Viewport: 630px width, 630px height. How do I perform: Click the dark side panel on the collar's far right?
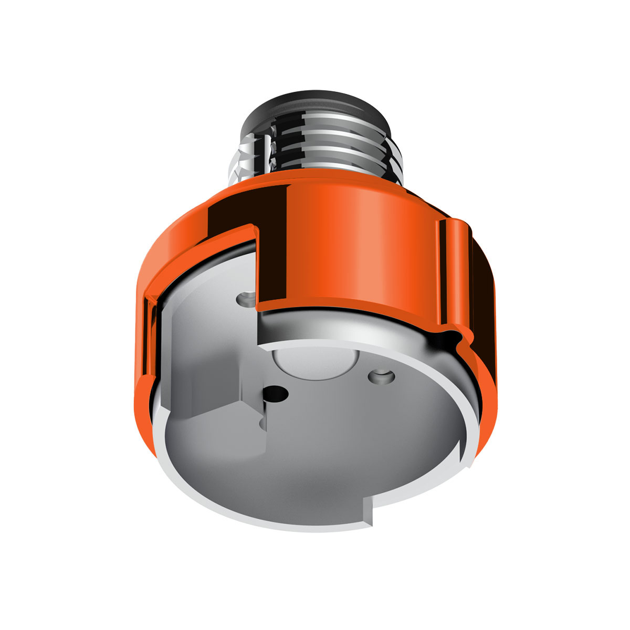tap(480, 294)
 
